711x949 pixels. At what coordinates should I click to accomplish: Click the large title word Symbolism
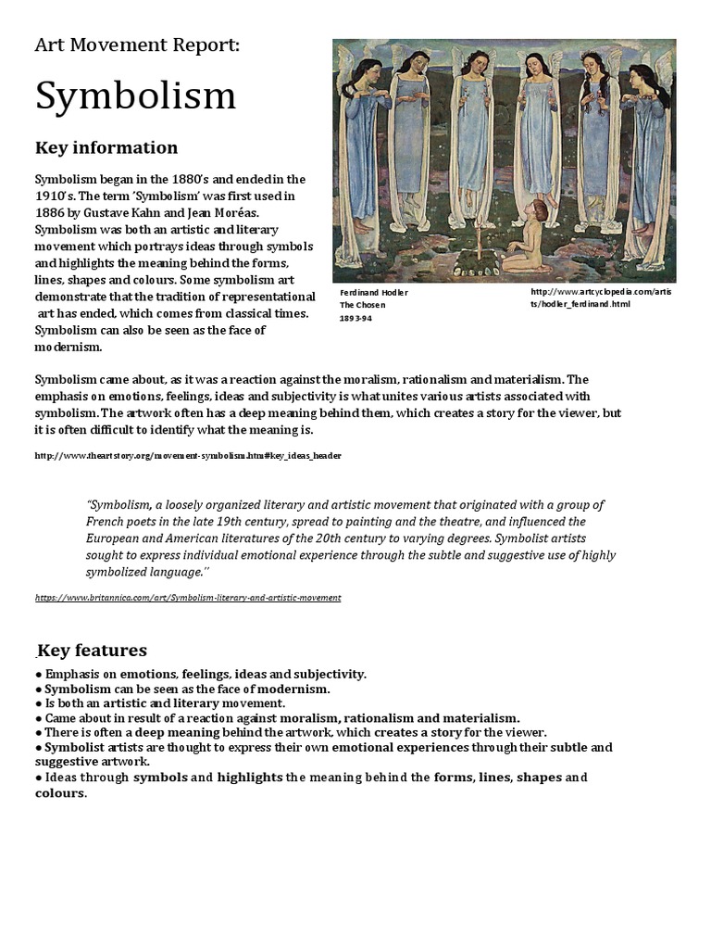pos(135,96)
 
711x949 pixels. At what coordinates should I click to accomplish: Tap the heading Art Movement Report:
pos(137,45)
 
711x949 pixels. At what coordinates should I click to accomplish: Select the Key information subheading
pos(106,147)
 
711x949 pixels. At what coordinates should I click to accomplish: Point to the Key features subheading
pos(92,651)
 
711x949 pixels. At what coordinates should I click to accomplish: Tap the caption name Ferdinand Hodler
pos(374,293)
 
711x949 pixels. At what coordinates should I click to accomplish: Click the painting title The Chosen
pos(362,305)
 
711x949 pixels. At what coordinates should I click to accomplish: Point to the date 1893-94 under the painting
pos(356,317)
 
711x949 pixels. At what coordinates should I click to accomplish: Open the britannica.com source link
pos(188,598)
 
